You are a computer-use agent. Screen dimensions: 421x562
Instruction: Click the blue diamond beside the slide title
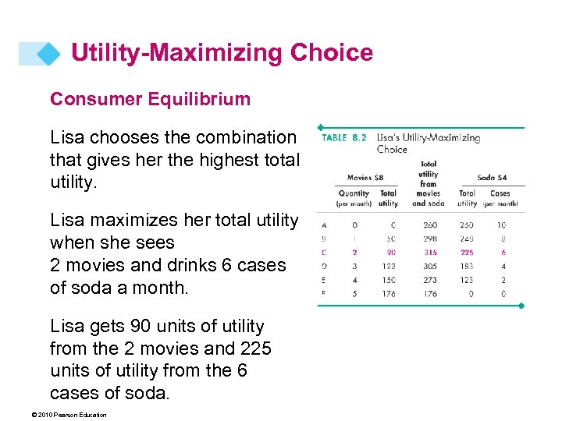48,53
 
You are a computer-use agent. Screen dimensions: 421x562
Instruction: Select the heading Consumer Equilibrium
150,99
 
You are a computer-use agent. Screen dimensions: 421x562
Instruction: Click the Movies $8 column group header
365,179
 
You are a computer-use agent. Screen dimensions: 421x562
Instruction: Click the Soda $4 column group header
492,179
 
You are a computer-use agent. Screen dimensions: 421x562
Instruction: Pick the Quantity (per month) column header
354,198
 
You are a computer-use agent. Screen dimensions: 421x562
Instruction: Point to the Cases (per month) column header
500,198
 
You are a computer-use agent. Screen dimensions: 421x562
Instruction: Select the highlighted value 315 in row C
429,253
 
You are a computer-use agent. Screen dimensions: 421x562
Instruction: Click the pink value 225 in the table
467,253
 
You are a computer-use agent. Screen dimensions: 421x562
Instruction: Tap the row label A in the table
324,225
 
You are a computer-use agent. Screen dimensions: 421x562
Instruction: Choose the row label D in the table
324,267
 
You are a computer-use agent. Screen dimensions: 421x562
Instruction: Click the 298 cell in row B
429,239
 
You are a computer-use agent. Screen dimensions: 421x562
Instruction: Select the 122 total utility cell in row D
389,267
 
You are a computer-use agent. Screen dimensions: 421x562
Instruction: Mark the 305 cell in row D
429,267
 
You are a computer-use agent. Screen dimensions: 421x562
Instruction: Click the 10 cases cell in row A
501,225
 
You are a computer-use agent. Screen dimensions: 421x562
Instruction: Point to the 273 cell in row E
429,280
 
